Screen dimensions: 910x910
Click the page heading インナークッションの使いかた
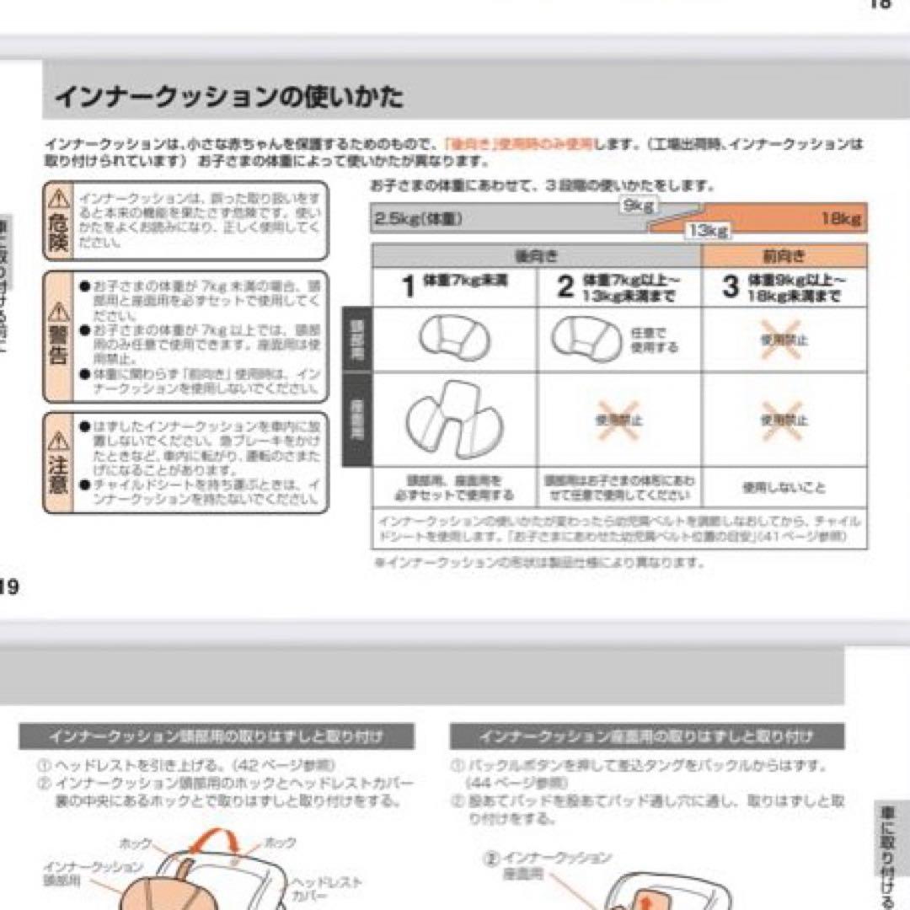229,98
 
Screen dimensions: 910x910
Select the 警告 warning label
57,337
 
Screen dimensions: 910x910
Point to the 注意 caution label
57,463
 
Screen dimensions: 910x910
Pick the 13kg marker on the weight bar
706,230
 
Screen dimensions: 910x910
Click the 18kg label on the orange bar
840,219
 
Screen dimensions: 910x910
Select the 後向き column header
536,256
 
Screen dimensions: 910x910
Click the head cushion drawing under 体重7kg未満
454,339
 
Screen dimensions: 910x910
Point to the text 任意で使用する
654,340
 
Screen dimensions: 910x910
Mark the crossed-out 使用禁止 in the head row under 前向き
783,340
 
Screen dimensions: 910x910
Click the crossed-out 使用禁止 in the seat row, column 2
619,420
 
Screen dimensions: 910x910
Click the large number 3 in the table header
730,287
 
